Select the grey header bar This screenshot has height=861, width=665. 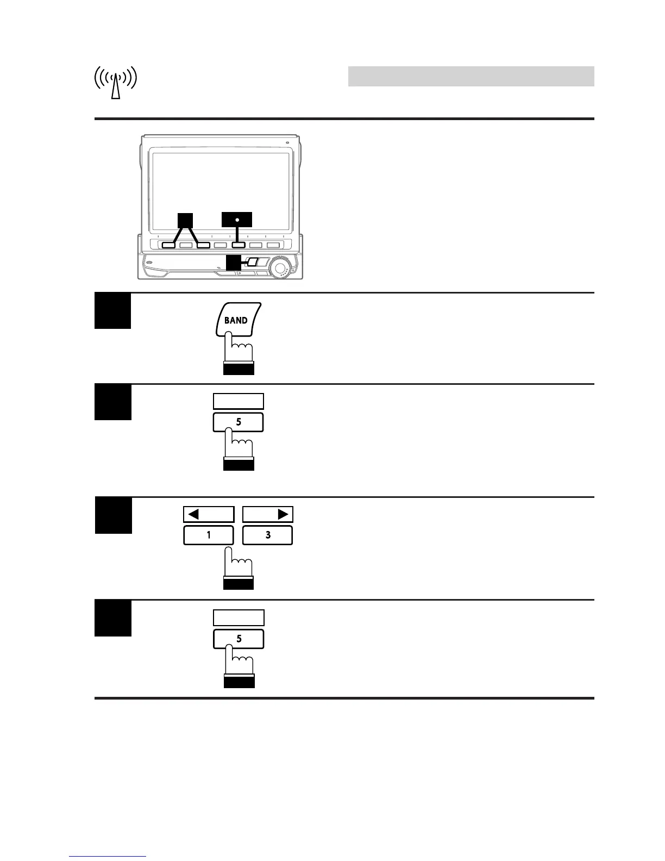470,77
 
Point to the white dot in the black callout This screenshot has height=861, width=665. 237,220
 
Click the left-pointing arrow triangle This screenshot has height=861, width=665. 194,514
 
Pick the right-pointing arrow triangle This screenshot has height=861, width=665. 282,514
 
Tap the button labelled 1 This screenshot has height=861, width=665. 209,535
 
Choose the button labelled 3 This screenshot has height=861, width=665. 267,535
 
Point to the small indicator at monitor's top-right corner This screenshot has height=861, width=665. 287,143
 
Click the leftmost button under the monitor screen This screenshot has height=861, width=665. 168,245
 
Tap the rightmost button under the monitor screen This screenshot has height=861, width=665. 273,245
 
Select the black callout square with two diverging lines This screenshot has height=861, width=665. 185,220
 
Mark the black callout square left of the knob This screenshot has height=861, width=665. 234,263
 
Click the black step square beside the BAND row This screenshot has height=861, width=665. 113,311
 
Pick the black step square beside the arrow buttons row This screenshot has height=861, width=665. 114,515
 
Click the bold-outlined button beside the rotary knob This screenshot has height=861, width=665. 253,262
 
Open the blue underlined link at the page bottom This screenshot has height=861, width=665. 108,857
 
